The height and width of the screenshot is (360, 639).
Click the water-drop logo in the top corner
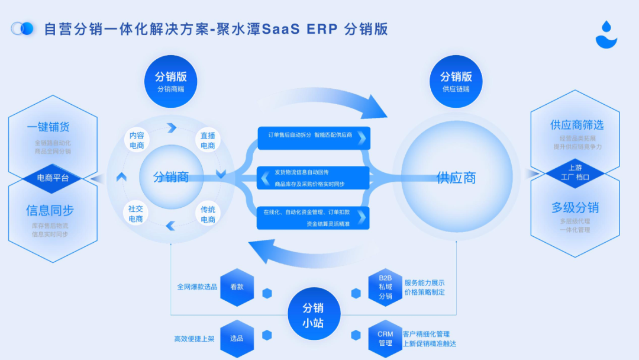click(x=606, y=34)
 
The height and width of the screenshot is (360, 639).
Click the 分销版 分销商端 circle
click(x=170, y=82)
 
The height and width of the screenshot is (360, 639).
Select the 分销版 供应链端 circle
click(x=456, y=82)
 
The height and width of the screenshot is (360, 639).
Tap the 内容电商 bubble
click(x=137, y=140)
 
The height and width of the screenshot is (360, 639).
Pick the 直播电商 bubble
click(x=208, y=140)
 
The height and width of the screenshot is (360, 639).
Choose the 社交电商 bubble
click(x=135, y=214)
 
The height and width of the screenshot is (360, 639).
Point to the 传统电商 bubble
click(x=208, y=214)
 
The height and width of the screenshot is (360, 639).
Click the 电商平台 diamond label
click(x=53, y=178)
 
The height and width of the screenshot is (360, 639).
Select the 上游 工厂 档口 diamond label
click(x=575, y=172)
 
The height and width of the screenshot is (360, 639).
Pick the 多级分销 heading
click(x=575, y=208)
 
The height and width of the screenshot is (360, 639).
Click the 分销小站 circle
click(x=313, y=316)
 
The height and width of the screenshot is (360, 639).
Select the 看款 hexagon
click(x=237, y=287)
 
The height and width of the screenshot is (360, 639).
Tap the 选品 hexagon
click(x=237, y=338)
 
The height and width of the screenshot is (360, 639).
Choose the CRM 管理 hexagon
click(x=385, y=338)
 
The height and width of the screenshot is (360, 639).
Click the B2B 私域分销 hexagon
click(x=385, y=287)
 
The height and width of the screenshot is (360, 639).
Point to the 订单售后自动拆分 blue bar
click(x=314, y=136)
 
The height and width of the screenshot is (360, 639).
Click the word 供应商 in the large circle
click(x=456, y=178)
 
